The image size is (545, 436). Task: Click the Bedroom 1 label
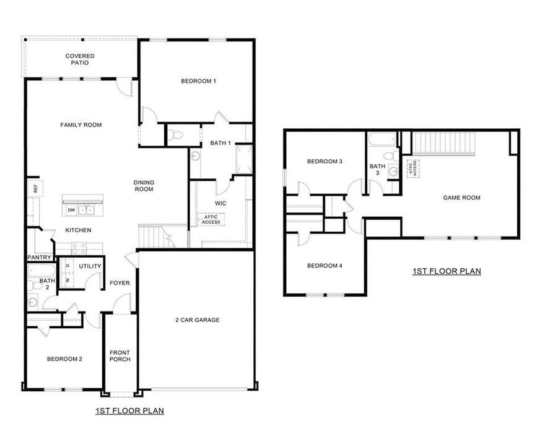[198, 81]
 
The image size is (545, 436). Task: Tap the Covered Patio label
[80, 59]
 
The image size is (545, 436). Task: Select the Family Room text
[81, 125]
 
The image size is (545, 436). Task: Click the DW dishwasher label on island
[72, 210]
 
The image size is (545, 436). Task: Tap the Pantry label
[38, 258]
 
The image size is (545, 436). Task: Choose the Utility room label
[90, 266]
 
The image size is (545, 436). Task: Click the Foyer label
[120, 283]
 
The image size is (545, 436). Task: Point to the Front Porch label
[120, 356]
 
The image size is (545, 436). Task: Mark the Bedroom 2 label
[65, 359]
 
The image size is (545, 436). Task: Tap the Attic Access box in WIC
[211, 219]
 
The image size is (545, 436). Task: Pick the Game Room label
[461, 198]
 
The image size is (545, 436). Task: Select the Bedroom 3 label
[325, 162]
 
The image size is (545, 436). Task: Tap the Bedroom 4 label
[325, 266]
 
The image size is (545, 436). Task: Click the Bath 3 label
[377, 169]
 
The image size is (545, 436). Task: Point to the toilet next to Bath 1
[177, 134]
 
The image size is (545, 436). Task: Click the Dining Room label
[144, 186]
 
